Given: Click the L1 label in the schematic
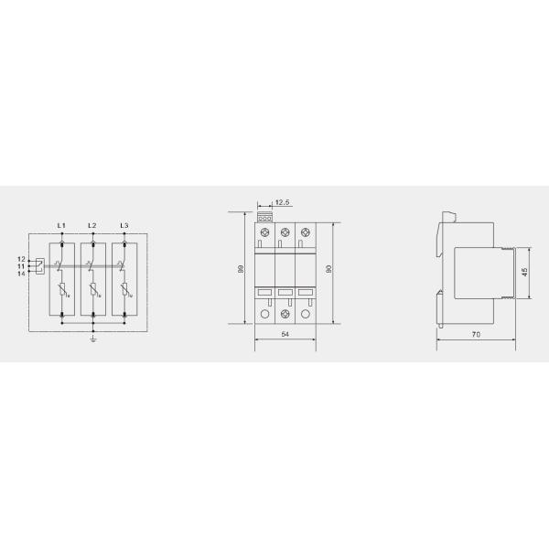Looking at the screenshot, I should pos(61,225).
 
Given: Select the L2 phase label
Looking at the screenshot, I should pos(92,225).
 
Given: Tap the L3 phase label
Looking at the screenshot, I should pos(124,225).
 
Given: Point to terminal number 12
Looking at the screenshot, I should pos(21,260).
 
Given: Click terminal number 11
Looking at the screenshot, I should pos(21,266).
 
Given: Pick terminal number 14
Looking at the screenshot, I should pos(21,273).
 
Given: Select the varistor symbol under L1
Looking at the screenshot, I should pos(62,292).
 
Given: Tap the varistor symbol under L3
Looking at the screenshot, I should pos(124,292).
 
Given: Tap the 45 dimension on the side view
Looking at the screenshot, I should pos(524,272).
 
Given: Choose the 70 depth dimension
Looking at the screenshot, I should pos(477,336).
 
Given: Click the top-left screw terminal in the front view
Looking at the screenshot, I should pos(264,231).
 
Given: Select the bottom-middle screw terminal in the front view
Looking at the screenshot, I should pos(285,314).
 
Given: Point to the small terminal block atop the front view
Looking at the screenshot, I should pos(265,217).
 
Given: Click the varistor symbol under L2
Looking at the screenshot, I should pos(93,292).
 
